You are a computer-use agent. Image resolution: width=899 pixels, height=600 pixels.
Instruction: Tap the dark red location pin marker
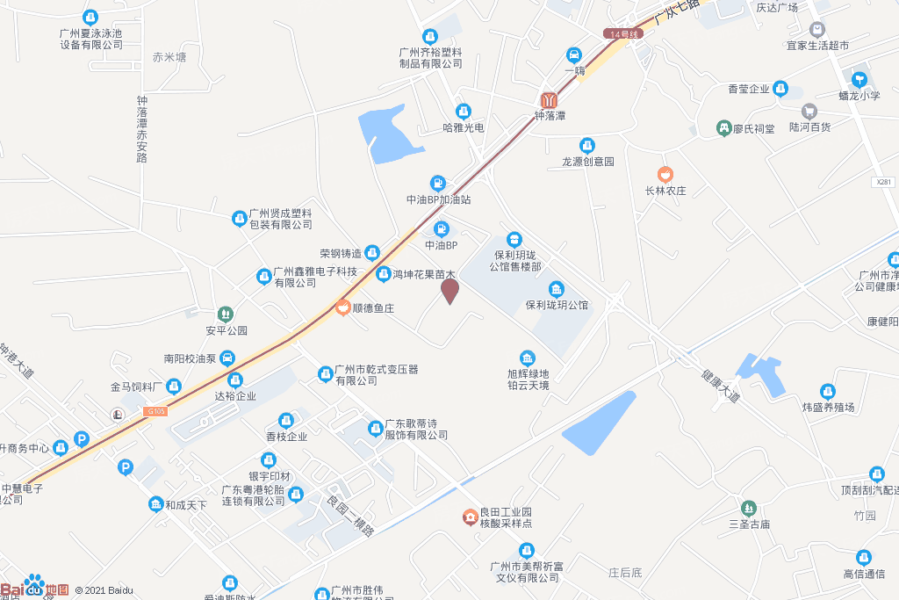(x=449, y=290)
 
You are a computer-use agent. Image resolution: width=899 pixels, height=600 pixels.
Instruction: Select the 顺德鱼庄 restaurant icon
(x=342, y=307)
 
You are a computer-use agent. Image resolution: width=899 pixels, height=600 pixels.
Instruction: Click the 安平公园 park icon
(x=226, y=314)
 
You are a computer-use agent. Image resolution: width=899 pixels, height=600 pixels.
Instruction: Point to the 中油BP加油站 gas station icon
(x=439, y=183)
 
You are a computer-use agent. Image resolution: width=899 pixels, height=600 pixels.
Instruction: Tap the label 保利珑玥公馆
(x=557, y=305)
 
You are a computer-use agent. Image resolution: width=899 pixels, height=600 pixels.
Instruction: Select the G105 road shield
(x=156, y=410)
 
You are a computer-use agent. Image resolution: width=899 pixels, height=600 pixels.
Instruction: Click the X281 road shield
(x=884, y=182)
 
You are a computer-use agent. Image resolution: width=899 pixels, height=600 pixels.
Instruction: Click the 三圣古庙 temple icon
(x=748, y=508)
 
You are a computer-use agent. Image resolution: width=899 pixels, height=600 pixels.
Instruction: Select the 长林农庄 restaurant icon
(x=665, y=173)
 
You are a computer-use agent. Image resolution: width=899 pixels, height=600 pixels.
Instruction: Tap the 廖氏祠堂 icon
(x=723, y=128)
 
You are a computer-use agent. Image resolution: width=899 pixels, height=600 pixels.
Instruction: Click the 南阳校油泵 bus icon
(x=227, y=358)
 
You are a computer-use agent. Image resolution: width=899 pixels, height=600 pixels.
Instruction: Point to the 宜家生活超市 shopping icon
(x=817, y=29)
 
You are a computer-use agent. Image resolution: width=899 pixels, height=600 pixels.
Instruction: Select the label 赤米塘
(x=169, y=57)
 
